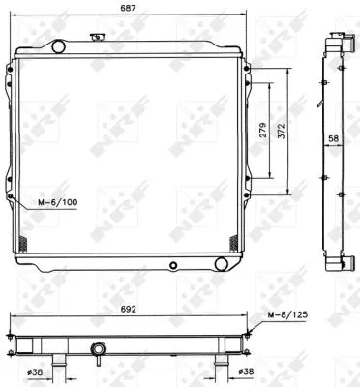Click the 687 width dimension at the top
[128, 9]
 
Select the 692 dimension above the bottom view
[128, 312]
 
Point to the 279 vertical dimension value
[264, 133]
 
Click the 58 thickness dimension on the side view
[332, 140]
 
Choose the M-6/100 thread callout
[57, 203]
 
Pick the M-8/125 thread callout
[289, 315]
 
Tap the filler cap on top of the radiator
[96, 38]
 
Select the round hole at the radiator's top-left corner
[56, 45]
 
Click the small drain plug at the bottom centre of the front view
[172, 264]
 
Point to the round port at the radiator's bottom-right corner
[224, 263]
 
